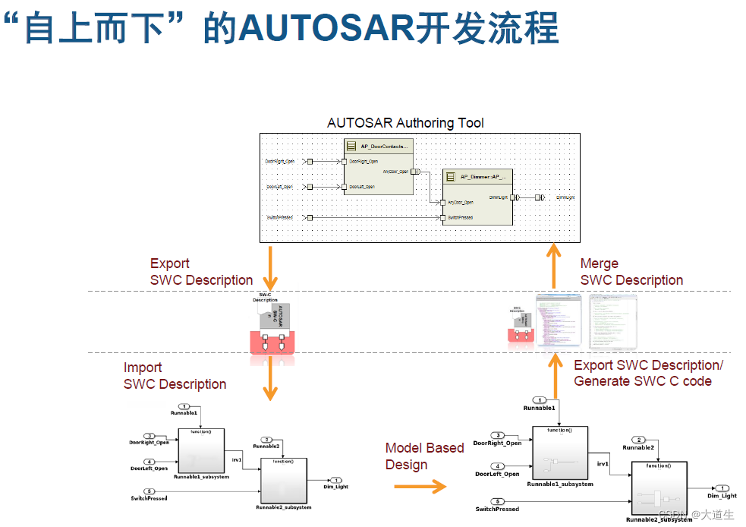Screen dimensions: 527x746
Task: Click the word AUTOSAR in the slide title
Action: (326, 28)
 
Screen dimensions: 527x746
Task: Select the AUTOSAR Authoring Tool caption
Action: (405, 122)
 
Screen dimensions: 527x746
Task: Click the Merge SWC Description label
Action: (631, 272)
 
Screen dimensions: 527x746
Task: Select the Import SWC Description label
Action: (175, 376)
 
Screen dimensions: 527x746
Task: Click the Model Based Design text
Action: (423, 456)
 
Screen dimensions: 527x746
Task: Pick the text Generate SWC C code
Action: (642, 381)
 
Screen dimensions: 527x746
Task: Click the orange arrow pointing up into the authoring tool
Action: (555, 266)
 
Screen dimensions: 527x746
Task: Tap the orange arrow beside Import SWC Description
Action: (268, 379)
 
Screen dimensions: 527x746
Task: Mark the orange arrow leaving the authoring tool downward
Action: (268, 268)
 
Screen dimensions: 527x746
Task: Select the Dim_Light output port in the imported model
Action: (336, 481)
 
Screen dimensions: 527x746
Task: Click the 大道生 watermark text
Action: (716, 514)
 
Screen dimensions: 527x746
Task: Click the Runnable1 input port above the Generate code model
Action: (540, 400)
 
